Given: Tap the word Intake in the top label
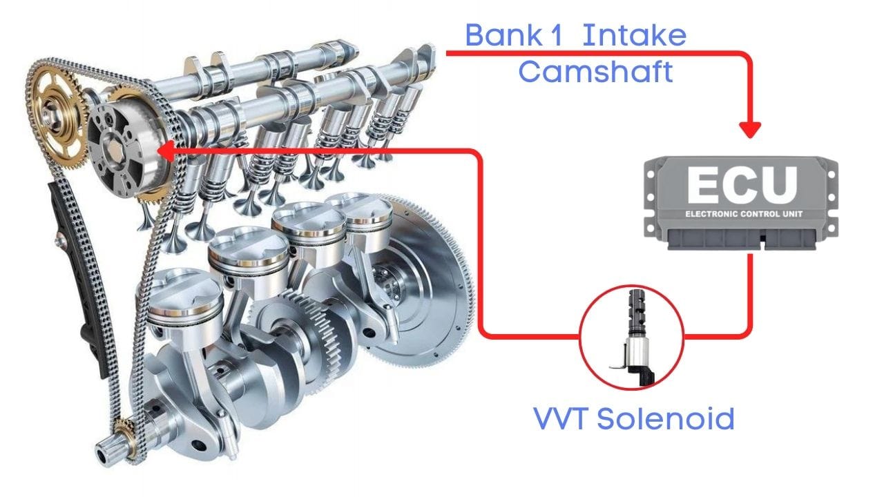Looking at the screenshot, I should tap(634, 35).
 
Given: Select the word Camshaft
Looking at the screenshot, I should tap(595, 71).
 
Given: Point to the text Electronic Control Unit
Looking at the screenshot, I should tap(743, 214).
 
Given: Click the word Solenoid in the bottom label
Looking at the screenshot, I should tap(664, 418).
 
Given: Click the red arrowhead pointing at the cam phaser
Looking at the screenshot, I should tap(166, 148).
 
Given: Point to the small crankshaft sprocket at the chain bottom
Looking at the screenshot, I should tap(124, 434).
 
